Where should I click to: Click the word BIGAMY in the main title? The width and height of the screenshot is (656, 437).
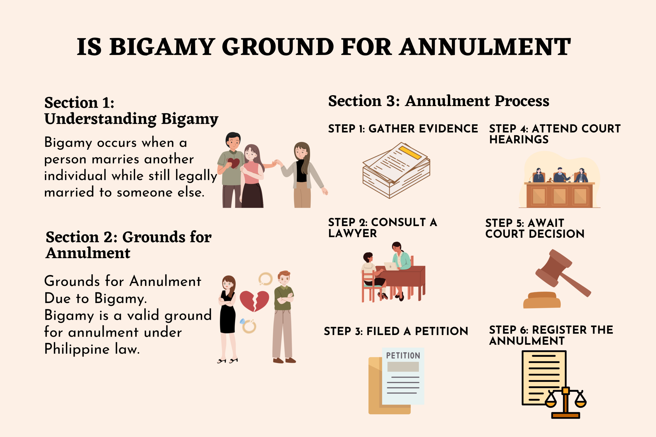pos(162,47)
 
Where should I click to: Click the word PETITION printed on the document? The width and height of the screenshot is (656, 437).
pos(403,356)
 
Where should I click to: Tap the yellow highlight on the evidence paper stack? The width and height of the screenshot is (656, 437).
pos(410,153)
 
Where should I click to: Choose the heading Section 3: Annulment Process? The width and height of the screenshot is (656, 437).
pos(438,101)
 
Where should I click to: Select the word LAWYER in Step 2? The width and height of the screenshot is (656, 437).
pos(352,234)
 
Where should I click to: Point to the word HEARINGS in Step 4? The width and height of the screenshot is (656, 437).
pos(519,140)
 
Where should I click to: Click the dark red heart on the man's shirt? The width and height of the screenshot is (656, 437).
pos(233,163)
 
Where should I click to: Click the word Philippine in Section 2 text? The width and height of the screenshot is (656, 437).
pos(77,349)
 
